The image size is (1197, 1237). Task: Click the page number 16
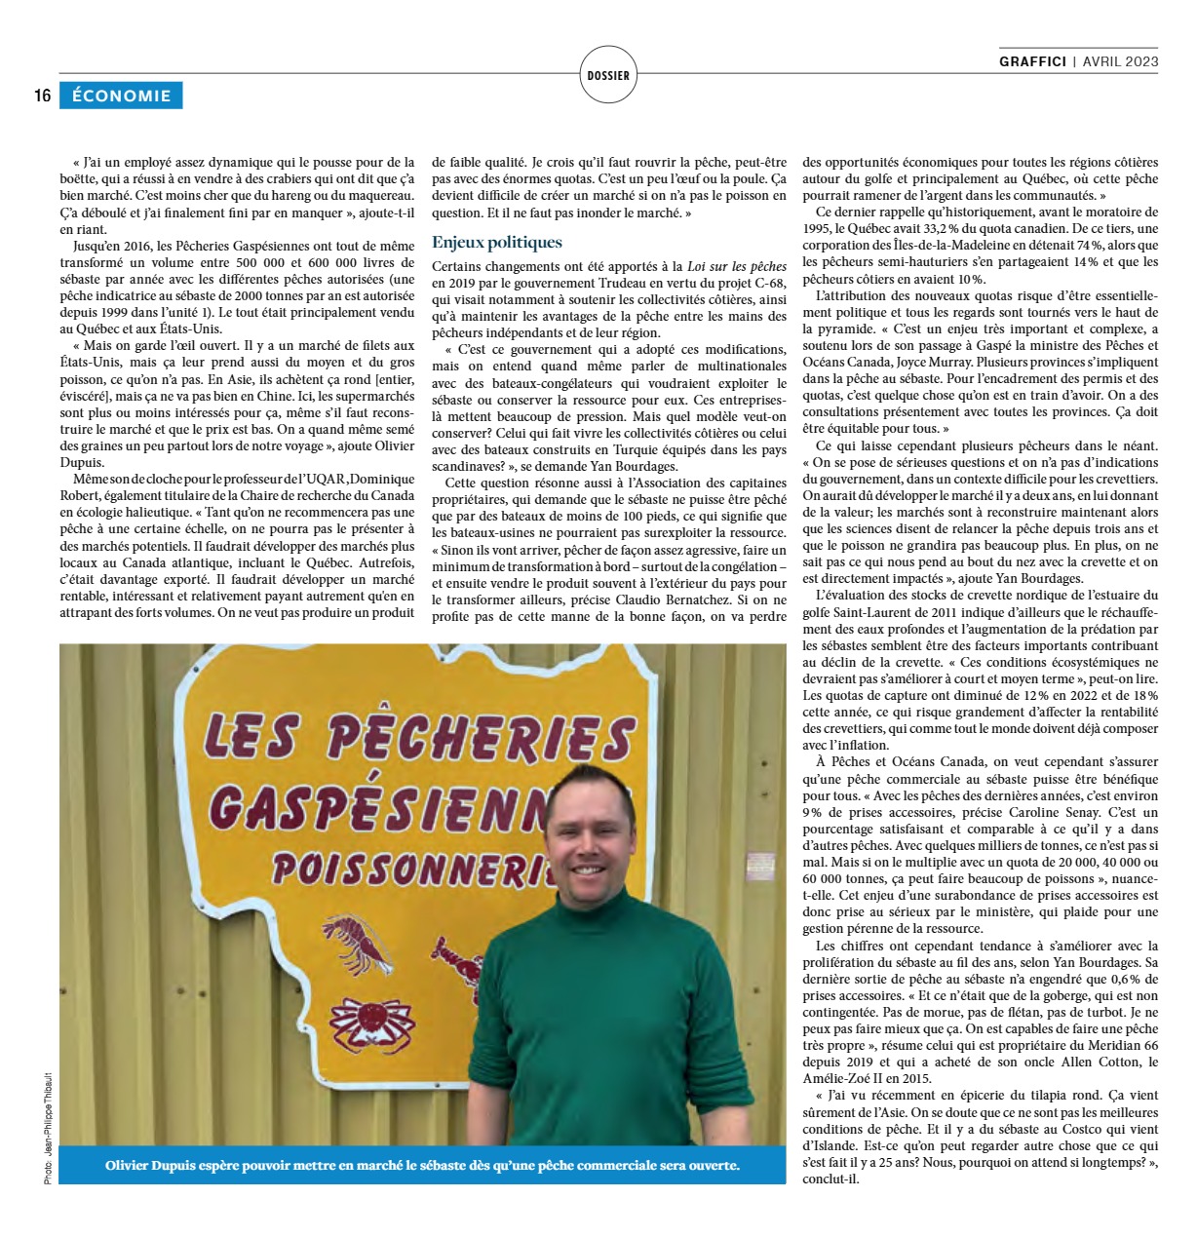tap(42, 96)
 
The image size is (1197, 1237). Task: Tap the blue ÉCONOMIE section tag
tap(121, 96)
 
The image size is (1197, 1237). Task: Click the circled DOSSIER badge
tap(608, 75)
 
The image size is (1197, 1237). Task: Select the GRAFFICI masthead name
tap(1032, 61)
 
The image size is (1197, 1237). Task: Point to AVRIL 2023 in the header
tap(1120, 61)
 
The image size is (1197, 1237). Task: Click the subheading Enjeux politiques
tap(496, 243)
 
